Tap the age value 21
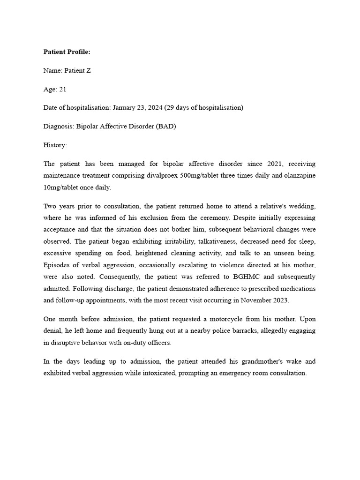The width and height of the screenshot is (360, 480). tap(63, 89)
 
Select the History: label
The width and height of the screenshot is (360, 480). tap(55, 145)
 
